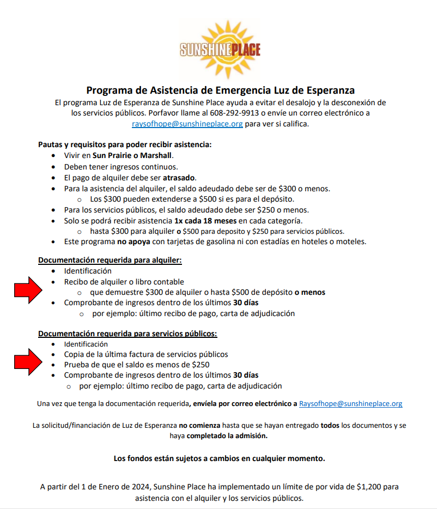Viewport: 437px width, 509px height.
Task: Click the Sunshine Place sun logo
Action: coord(220,50)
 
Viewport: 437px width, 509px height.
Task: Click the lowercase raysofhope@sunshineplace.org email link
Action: coord(187,124)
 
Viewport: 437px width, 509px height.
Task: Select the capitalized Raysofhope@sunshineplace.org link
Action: coord(350,404)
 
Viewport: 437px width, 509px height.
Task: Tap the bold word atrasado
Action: coord(179,178)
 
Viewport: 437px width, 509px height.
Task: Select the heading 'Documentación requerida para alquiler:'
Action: coord(110,260)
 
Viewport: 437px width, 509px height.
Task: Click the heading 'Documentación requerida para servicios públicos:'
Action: coord(128,334)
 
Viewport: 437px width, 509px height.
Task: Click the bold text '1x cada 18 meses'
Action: coord(207,221)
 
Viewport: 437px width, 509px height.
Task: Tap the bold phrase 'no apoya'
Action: coord(127,241)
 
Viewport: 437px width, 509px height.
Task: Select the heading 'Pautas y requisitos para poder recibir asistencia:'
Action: coord(124,144)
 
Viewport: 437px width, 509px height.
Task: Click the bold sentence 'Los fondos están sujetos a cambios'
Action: coord(219,458)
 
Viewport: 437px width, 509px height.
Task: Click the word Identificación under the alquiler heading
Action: coord(88,271)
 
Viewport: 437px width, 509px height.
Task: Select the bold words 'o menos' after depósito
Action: coord(310,292)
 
